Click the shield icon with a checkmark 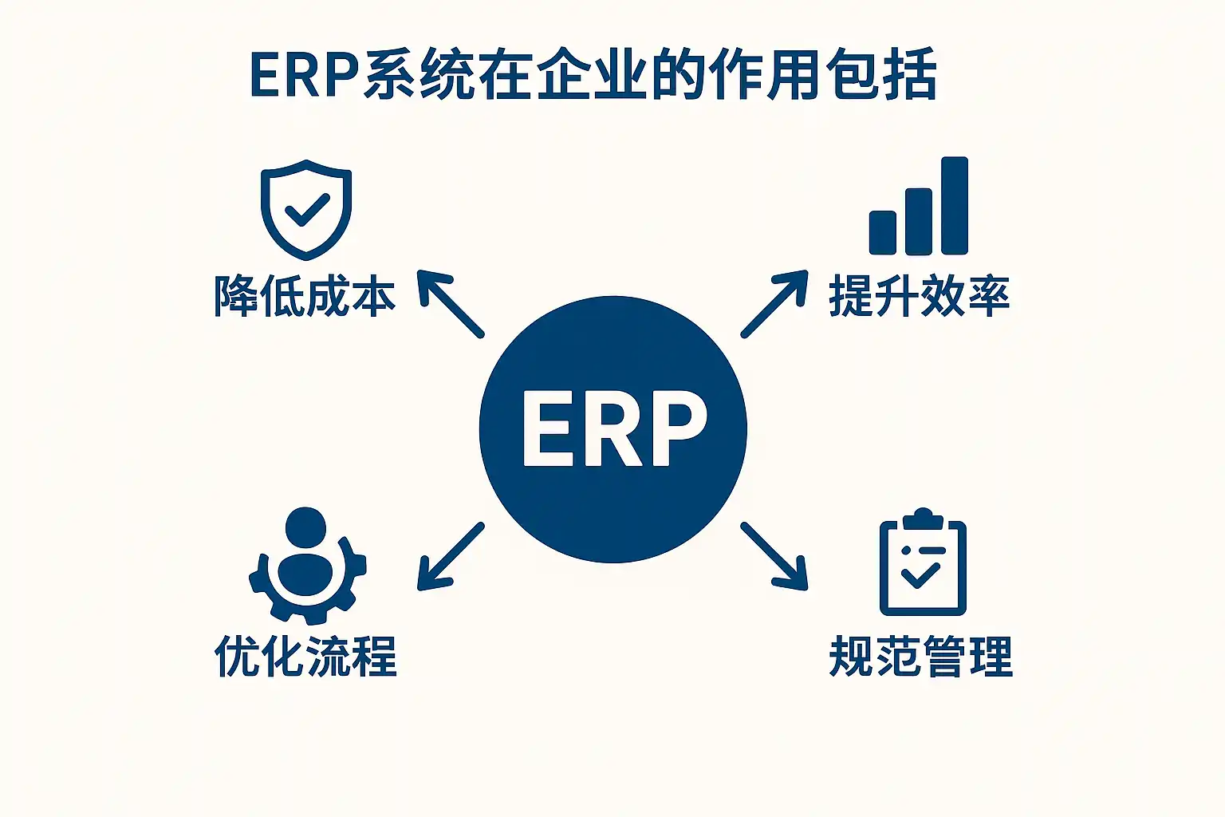[306, 209]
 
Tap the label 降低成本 [305, 297]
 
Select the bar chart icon [919, 207]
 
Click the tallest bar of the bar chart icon [954, 206]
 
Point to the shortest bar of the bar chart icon [883, 232]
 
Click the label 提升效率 [920, 297]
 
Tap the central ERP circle [612, 428]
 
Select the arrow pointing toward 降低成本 [451, 305]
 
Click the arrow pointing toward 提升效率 [774, 303]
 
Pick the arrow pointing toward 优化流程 [451, 556]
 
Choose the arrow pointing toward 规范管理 [774, 556]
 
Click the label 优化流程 [305, 657]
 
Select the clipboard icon [922, 563]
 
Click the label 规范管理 [921, 657]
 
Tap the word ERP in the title [305, 77]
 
